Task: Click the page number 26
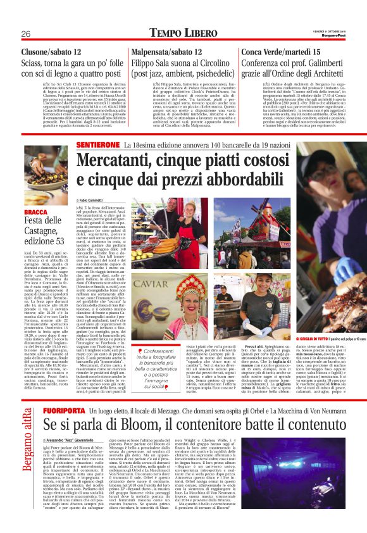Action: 26,33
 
